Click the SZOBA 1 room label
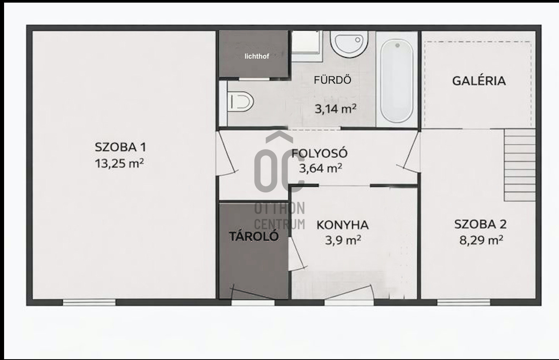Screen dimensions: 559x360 [120, 147]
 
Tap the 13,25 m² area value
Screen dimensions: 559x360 [119, 163]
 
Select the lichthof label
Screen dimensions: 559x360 [257, 56]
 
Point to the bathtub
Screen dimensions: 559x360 [396, 81]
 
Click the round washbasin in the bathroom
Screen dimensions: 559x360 [349, 44]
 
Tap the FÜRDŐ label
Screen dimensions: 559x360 [332, 80]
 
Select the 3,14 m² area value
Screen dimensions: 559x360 [335, 109]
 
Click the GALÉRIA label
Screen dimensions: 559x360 [479, 81]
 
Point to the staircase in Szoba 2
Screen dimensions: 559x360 [519, 165]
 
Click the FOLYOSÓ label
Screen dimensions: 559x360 [319, 153]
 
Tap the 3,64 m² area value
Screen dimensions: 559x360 [320, 168]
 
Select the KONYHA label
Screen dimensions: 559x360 [343, 225]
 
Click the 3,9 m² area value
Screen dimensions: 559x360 [343, 240]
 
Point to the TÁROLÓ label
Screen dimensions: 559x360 [254, 236]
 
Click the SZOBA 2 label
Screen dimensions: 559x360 [480, 224]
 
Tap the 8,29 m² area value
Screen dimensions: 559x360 [481, 240]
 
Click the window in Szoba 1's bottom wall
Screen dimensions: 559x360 [89, 303]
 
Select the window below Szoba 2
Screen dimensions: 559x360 [463, 303]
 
